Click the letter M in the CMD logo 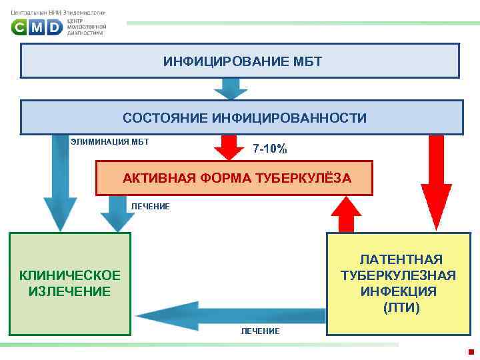37,27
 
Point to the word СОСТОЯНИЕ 165,118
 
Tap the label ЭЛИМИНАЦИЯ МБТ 109,141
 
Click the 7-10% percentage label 270,149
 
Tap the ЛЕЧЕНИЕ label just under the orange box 150,207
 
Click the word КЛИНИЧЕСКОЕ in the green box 70,275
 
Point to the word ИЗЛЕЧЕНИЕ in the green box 70,291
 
